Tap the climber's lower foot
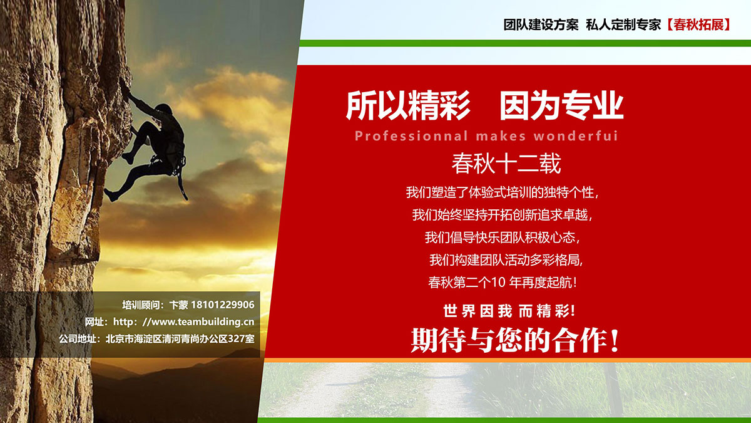click(x=111, y=195)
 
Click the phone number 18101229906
click(x=223, y=305)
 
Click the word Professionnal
click(x=411, y=136)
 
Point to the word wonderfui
click(x=576, y=136)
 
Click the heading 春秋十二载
click(x=506, y=164)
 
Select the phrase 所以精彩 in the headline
click(x=408, y=105)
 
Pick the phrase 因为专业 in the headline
click(x=561, y=105)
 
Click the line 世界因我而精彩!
click(x=509, y=311)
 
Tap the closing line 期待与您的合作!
click(x=515, y=340)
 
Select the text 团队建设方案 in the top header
click(x=541, y=25)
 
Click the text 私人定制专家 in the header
click(x=623, y=25)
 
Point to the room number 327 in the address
click(x=237, y=339)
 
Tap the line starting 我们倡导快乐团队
click(x=502, y=238)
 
